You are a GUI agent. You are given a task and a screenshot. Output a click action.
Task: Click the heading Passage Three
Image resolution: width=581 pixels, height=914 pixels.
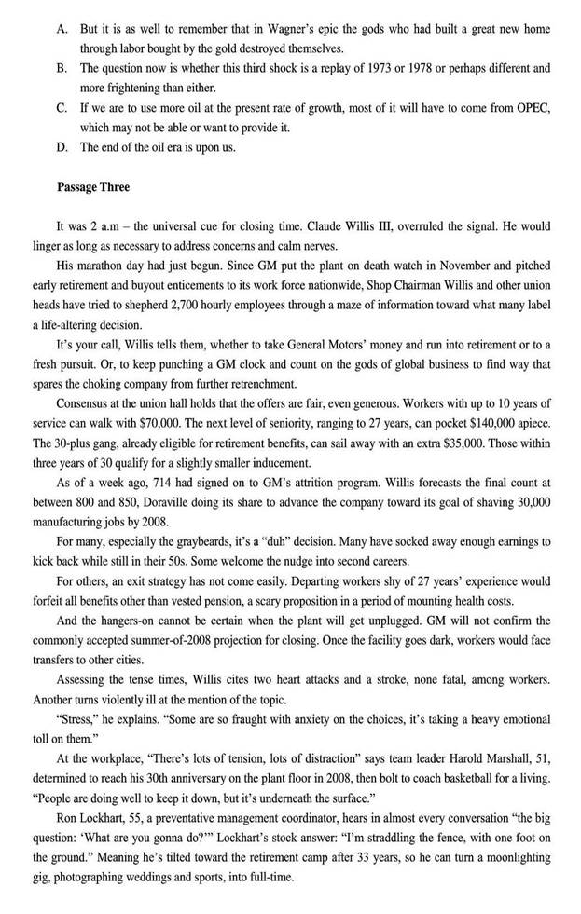93,186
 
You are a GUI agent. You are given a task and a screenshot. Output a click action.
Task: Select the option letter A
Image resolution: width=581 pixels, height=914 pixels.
62,29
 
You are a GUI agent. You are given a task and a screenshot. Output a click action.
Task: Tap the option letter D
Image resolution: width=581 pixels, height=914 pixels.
62,147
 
